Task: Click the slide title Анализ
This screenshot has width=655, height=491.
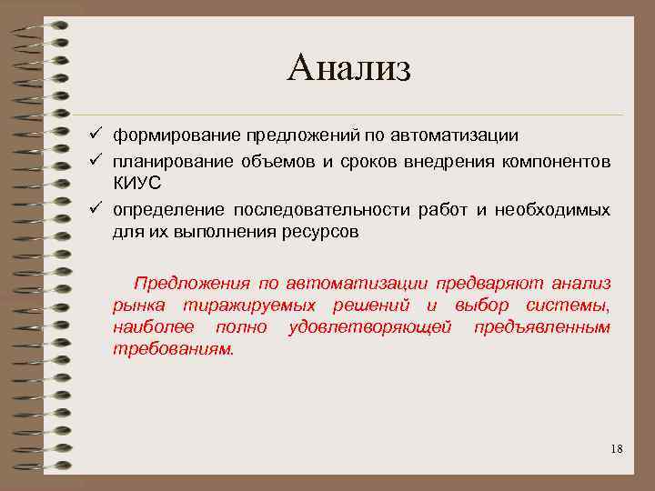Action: [348, 68]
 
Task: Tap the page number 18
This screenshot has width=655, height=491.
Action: [616, 449]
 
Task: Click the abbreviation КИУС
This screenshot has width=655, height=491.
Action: [136, 183]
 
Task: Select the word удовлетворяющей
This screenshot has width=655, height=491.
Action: [369, 326]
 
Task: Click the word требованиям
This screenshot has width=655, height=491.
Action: [173, 348]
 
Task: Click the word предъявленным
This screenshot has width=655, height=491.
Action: [541, 326]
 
